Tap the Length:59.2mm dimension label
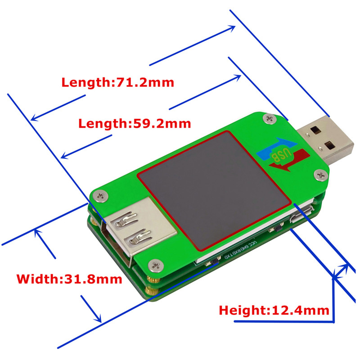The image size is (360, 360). click(135, 123)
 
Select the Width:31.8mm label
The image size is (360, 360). click(69, 279)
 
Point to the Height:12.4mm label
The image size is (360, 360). click(274, 310)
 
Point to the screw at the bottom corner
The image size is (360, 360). click(156, 265)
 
